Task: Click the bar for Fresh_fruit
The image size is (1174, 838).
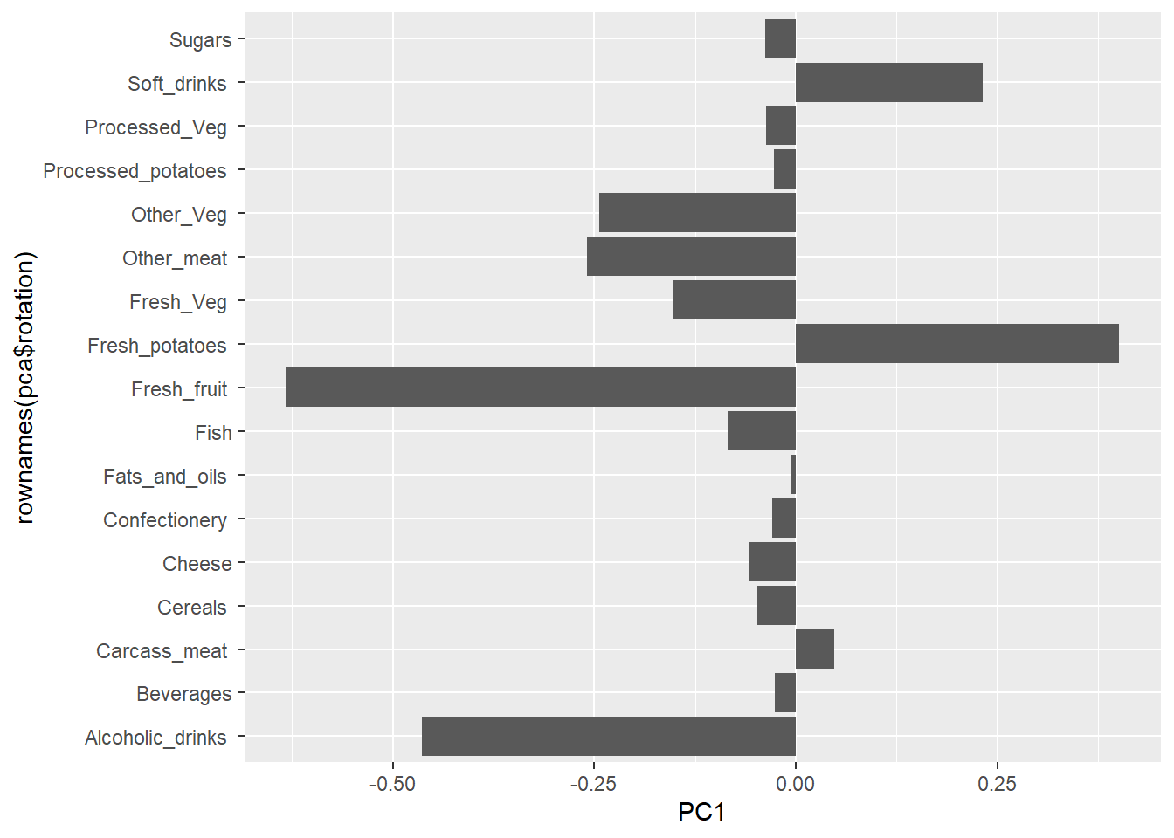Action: tap(541, 388)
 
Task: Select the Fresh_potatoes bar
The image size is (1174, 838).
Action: tap(956, 344)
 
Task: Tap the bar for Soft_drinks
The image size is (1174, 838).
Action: tap(888, 83)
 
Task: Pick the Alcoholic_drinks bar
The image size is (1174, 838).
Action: tap(609, 737)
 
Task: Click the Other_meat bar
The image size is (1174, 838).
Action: tap(691, 257)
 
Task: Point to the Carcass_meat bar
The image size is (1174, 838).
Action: tap(814, 649)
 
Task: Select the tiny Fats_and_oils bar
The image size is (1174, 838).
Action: tap(793, 475)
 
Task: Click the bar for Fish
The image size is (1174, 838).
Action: tap(761, 431)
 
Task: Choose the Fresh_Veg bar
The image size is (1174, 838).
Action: tap(734, 300)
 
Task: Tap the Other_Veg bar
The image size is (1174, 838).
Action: tap(697, 213)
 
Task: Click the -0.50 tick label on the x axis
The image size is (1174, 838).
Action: tap(392, 784)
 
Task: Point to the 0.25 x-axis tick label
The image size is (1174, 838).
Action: tap(997, 784)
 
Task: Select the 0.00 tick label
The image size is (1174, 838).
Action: tap(795, 784)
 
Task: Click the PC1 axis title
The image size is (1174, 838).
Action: tap(701, 813)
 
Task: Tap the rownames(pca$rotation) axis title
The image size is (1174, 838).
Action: tap(24, 388)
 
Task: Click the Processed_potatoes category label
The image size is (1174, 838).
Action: tap(135, 171)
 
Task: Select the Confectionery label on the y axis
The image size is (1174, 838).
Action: tap(165, 520)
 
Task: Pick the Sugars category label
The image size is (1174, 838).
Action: tap(200, 40)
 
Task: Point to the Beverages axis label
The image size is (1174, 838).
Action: tap(183, 694)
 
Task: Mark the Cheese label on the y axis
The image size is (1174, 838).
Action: tap(197, 564)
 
